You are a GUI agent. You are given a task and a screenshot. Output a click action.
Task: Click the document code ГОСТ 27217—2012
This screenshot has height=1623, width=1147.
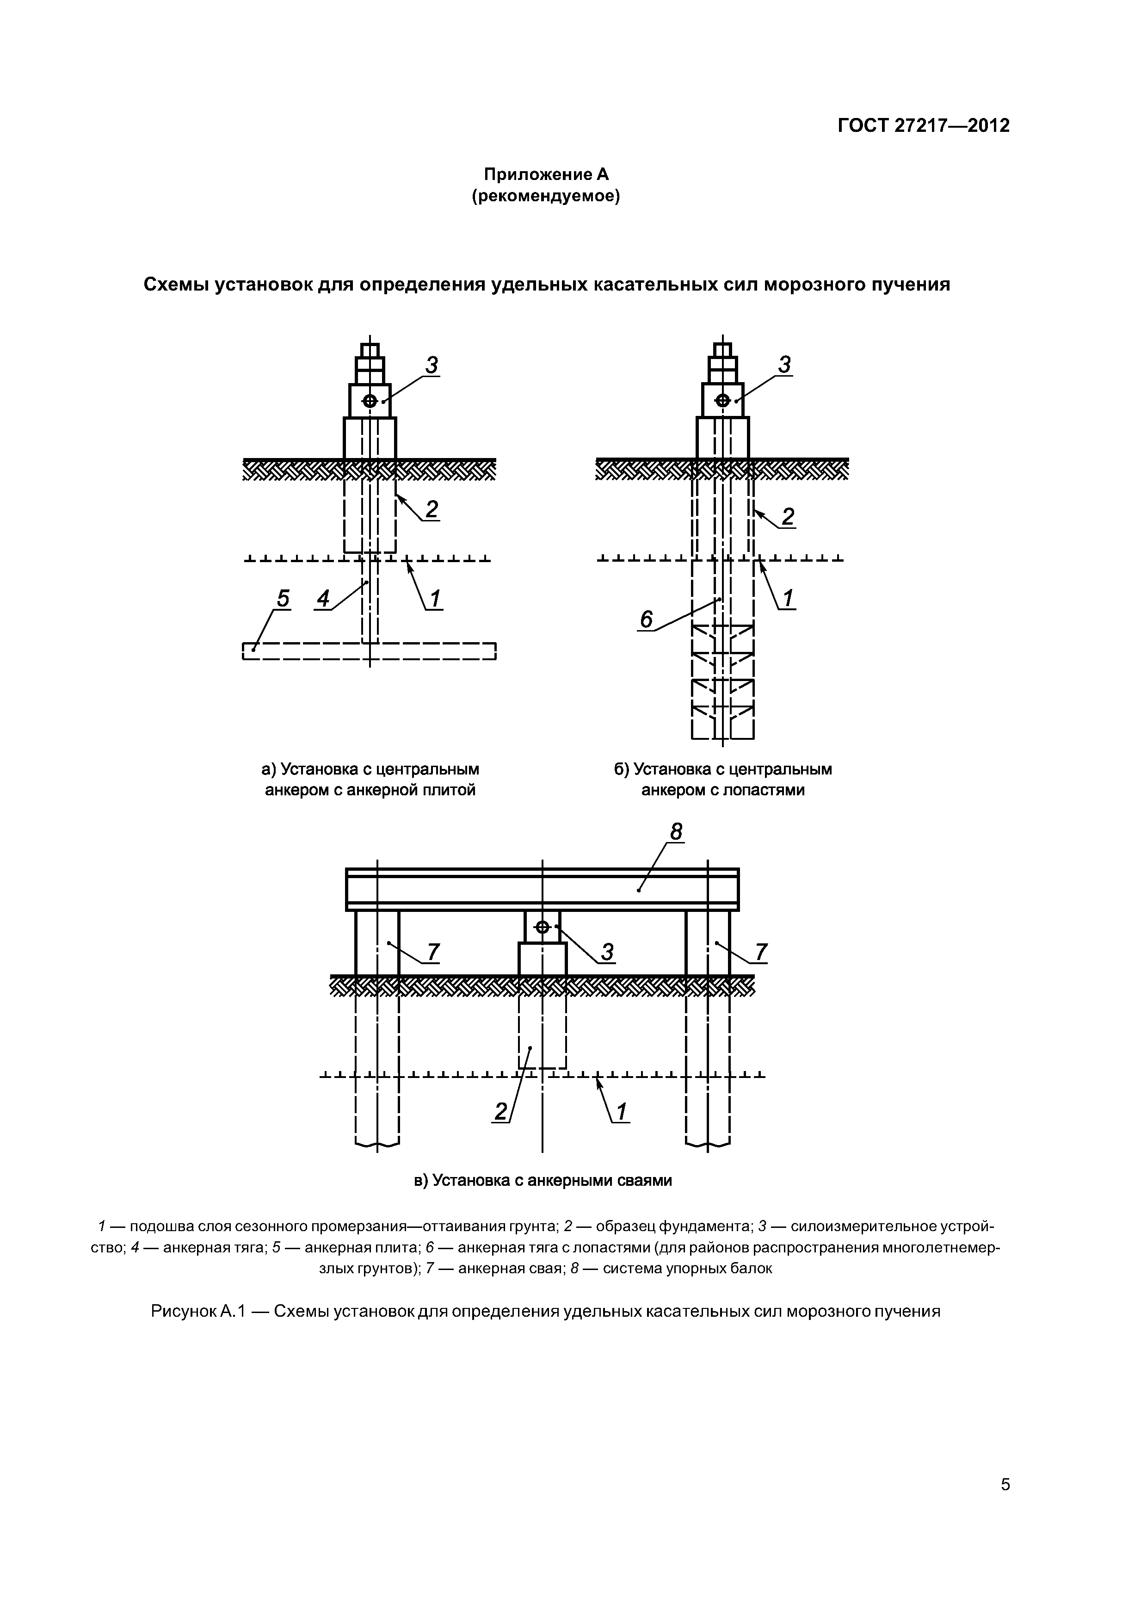pyautogui.click(x=924, y=126)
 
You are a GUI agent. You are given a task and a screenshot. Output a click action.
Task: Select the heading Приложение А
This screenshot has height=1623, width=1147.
pyautogui.click(x=546, y=174)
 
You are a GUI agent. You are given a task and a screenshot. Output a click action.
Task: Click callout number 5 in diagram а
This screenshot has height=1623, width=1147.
pyautogui.click(x=283, y=599)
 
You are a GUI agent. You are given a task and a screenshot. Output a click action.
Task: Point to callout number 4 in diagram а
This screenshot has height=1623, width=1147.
pyautogui.click(x=323, y=599)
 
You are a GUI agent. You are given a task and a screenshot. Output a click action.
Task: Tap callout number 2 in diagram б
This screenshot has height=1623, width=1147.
pyautogui.click(x=787, y=517)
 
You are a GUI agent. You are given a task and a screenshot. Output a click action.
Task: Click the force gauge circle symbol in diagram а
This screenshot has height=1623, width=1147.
pyautogui.click(x=370, y=401)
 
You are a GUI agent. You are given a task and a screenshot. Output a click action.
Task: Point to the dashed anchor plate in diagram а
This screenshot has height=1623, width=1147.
pyautogui.click(x=369, y=651)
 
